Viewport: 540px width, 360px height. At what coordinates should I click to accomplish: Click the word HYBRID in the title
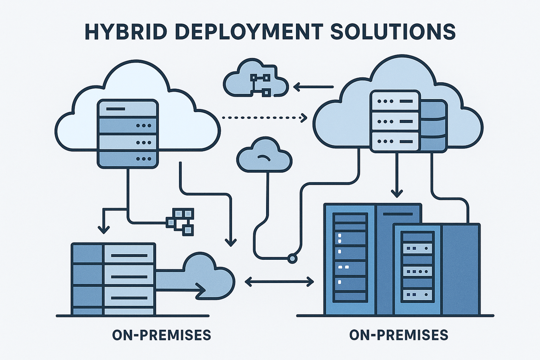tap(126, 32)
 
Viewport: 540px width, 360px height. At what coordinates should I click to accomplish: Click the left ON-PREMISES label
tap(161, 335)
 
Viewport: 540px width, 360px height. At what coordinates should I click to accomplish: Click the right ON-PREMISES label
tap(398, 335)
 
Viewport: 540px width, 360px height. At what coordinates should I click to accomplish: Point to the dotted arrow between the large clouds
tap(264, 118)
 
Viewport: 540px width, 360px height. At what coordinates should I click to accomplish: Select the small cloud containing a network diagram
tap(255, 79)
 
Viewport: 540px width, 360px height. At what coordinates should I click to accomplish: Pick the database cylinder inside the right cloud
tap(433, 125)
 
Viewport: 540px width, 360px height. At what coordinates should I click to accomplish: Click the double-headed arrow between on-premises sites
tap(279, 281)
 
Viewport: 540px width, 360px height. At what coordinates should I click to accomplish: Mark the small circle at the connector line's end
tap(292, 258)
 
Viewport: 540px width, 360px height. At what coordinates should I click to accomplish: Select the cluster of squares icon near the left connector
tap(181, 221)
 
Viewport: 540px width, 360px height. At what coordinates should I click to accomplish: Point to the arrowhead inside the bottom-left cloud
tap(201, 289)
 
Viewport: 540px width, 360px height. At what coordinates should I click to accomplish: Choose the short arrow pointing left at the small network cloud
tap(313, 87)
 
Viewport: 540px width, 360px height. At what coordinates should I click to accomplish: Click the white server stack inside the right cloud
tap(395, 121)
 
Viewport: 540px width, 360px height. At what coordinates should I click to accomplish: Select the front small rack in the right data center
tap(416, 267)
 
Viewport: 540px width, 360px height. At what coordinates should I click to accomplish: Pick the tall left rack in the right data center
tap(349, 258)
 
